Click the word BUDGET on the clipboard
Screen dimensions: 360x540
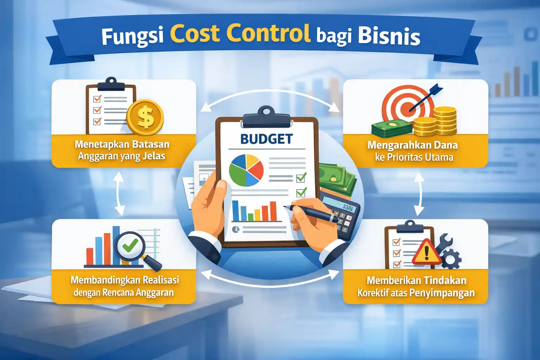point(266,139)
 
